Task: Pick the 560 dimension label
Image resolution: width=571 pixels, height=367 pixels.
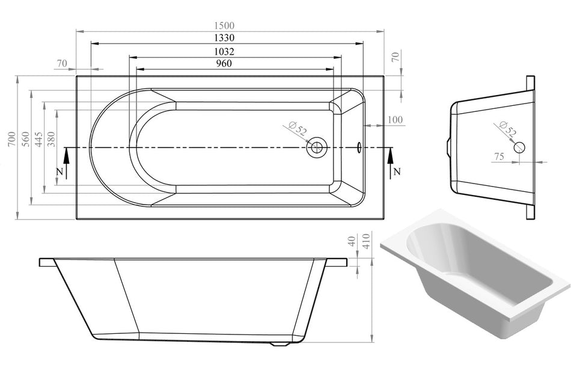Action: tap(25, 139)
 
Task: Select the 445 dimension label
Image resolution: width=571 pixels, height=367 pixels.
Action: tap(38, 139)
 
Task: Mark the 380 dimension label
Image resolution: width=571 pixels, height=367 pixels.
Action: tap(51, 139)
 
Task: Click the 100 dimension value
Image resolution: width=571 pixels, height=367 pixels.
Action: tap(395, 120)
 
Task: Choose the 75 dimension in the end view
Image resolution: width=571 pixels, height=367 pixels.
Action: tap(499, 156)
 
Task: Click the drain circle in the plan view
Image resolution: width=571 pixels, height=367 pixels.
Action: tap(317, 147)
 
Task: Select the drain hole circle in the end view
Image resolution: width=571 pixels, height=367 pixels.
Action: tap(519, 146)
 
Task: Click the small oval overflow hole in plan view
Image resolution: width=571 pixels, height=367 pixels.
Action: tap(359, 146)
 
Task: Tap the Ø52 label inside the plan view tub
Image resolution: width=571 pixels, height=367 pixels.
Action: tap(298, 129)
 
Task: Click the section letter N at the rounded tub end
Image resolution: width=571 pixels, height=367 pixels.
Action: tap(59, 171)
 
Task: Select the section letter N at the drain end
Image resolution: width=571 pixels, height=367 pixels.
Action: tap(397, 171)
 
